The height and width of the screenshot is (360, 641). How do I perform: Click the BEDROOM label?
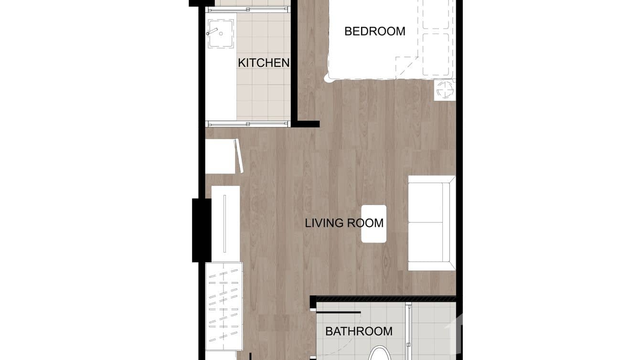tap(374, 32)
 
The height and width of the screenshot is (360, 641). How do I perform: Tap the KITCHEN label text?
tap(264, 63)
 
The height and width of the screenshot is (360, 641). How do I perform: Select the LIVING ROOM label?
tap(344, 223)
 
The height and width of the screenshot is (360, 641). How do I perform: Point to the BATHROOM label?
tap(359, 331)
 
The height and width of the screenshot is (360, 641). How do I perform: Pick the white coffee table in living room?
tap(374, 223)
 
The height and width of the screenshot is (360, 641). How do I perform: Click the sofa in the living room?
tap(431, 223)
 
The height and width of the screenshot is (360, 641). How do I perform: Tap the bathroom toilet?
tap(381, 353)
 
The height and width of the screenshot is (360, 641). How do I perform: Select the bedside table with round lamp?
tap(444, 90)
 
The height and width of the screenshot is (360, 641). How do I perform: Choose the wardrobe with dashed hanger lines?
tap(224, 306)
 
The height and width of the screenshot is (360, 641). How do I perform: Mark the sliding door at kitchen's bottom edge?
tap(248, 124)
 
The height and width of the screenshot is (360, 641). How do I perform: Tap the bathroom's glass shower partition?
tap(408, 329)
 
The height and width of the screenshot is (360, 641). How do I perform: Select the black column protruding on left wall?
tap(201, 230)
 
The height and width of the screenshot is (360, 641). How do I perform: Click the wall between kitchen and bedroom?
tap(294, 62)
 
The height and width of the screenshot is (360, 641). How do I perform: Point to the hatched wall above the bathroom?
tap(385, 298)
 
